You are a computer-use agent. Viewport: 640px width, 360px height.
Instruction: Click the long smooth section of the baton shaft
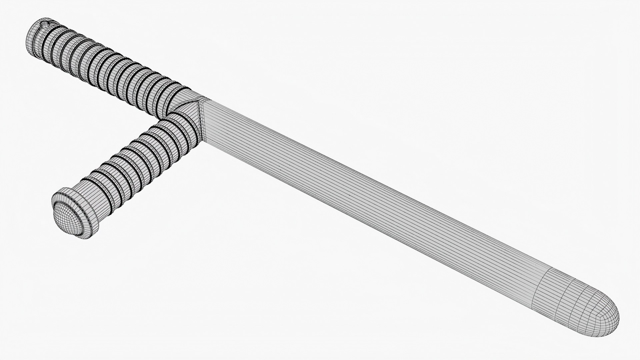[367, 200]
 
